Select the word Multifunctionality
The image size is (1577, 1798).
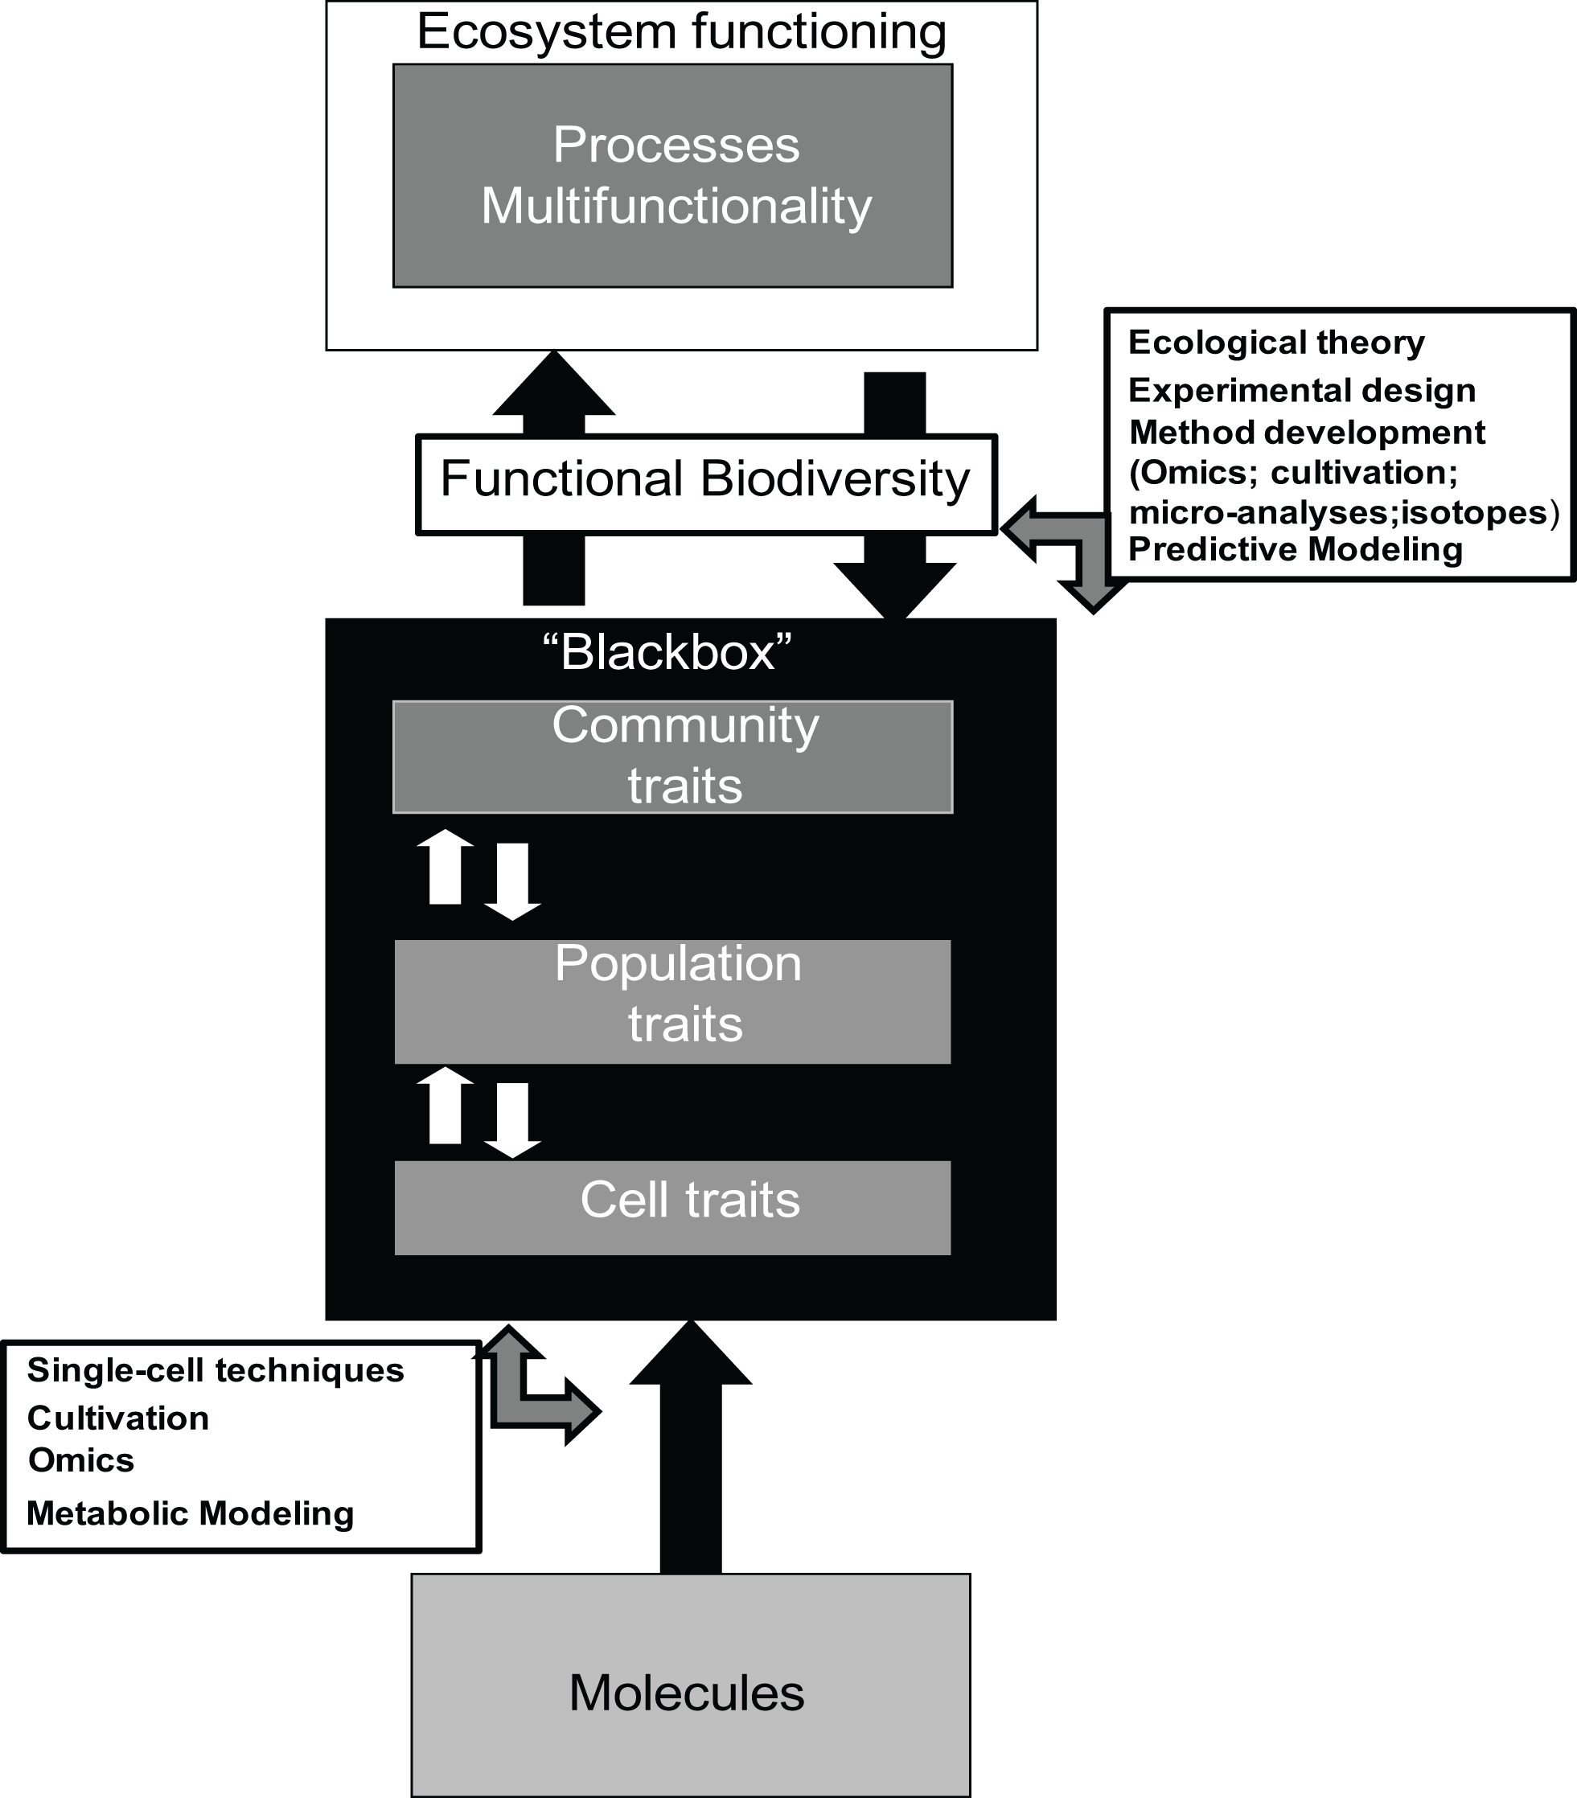[676, 207]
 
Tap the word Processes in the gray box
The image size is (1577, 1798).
[676, 145]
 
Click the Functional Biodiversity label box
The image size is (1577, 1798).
[705, 483]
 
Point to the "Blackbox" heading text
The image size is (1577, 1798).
[667, 653]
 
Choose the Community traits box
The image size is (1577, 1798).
[673, 757]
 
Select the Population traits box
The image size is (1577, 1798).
[673, 1001]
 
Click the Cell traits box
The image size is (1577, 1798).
[673, 1207]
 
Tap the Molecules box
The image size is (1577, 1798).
[691, 1693]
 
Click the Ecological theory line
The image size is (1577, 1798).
[1275, 343]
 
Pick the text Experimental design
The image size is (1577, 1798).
[1301, 391]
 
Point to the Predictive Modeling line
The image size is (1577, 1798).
[1295, 550]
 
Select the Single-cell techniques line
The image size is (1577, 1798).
[216, 1370]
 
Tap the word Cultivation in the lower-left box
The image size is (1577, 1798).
[118, 1418]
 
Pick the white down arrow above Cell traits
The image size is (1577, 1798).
[513, 1119]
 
